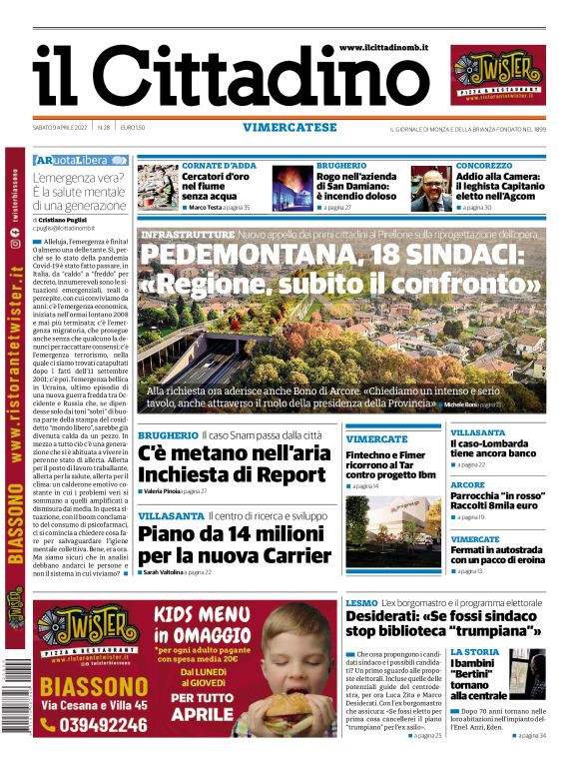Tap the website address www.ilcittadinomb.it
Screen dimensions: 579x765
click(383, 47)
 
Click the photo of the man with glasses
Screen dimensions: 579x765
click(436, 189)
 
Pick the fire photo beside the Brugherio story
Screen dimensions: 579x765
click(292, 189)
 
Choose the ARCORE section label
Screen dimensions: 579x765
click(467, 485)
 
